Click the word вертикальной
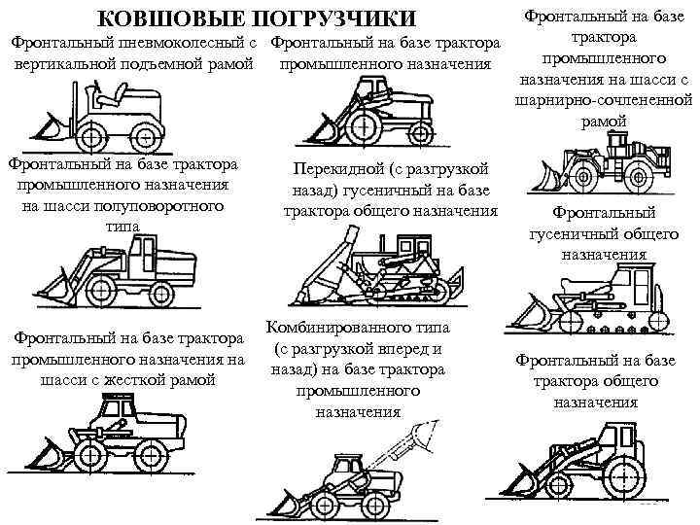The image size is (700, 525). coord(59,66)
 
